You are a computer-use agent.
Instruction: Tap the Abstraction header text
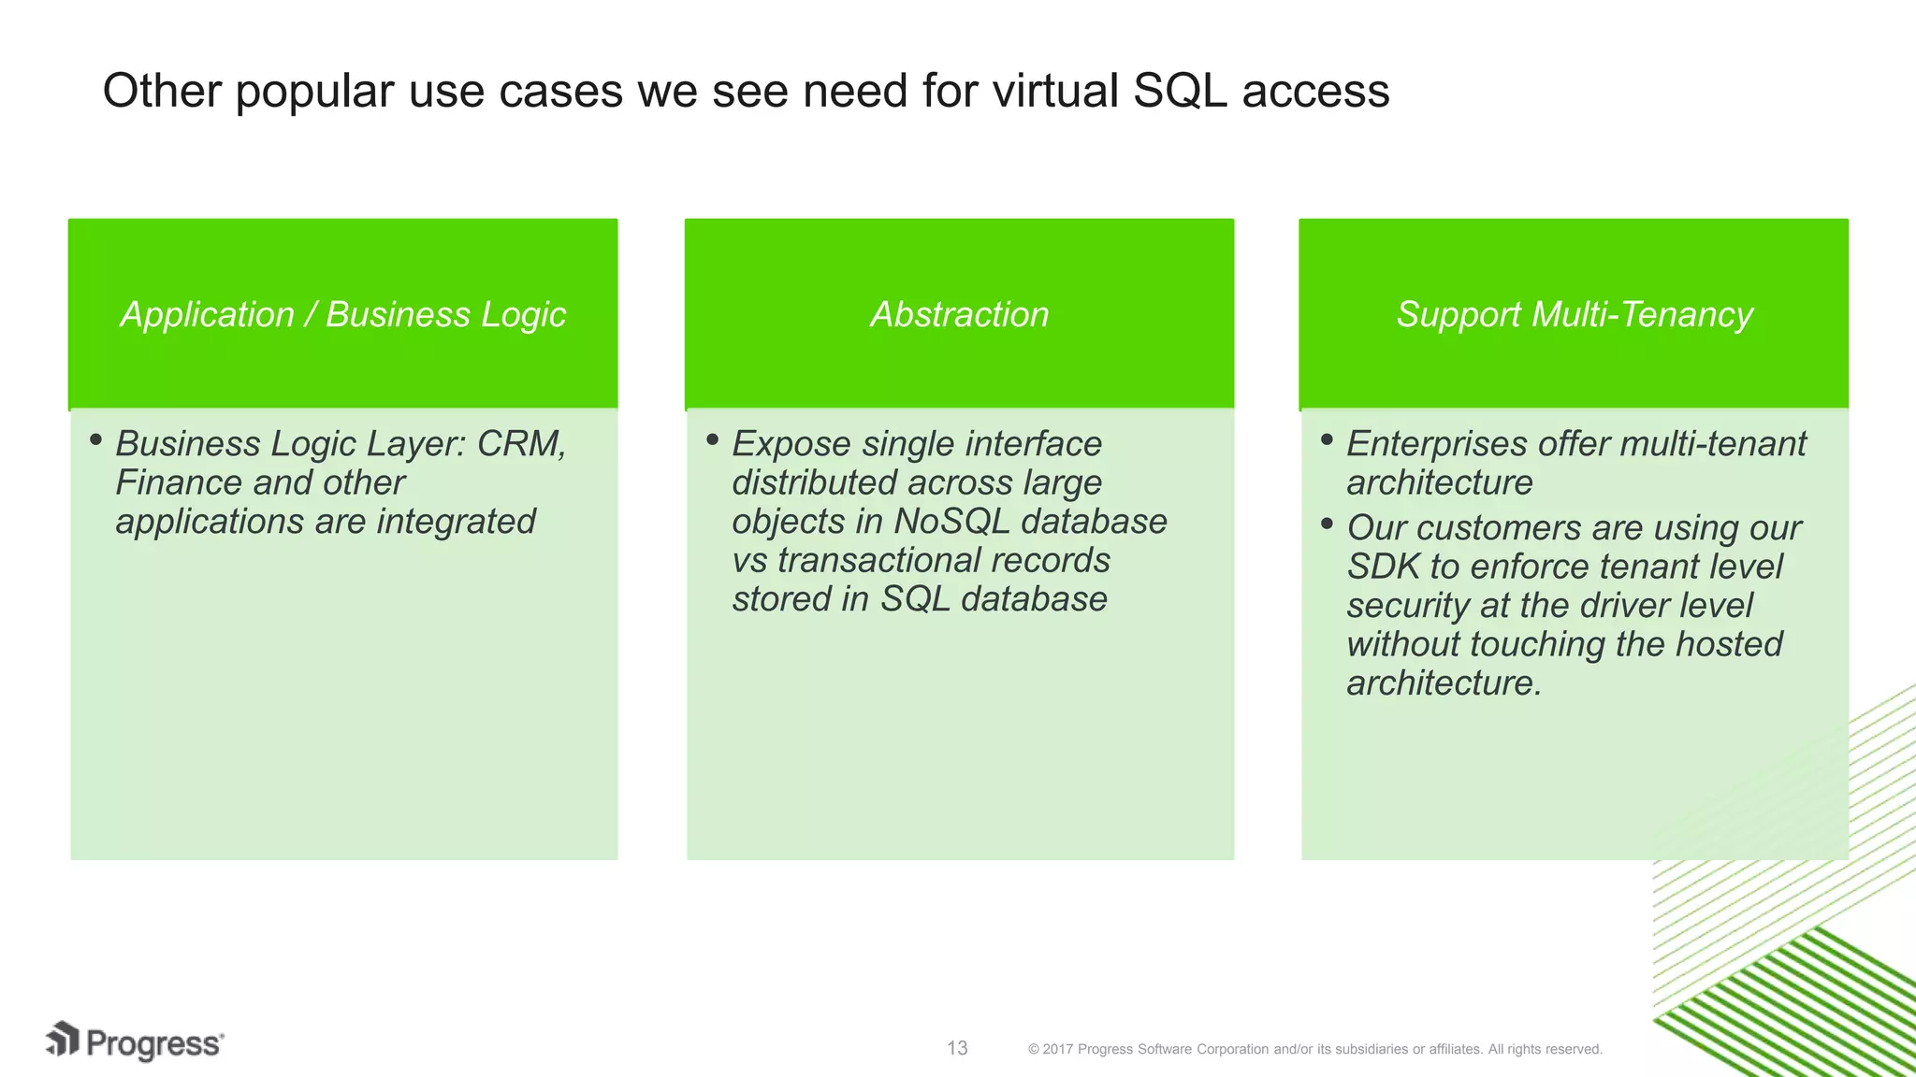[959, 314]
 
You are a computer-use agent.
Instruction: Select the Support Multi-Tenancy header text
[1574, 314]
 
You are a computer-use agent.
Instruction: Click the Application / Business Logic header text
[342, 314]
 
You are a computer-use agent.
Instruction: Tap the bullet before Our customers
[1327, 524]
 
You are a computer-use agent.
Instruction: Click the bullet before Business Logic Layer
[95, 439]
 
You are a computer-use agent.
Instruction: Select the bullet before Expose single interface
[712, 439]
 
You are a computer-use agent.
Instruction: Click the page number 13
[957, 1048]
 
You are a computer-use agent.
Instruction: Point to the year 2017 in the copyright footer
[1057, 1049]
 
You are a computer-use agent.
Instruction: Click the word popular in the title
[313, 92]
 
